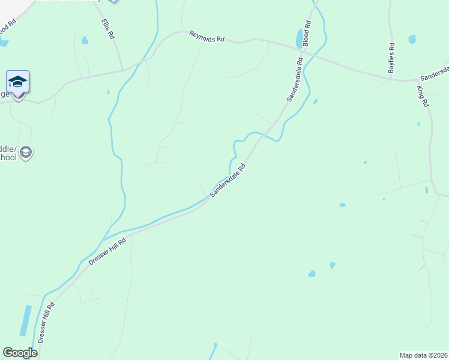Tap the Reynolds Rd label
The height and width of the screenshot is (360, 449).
[x=206, y=37]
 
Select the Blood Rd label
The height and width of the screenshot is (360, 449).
[x=307, y=34]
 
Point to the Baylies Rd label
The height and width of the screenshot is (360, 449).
[x=391, y=59]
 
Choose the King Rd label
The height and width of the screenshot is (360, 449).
[x=423, y=96]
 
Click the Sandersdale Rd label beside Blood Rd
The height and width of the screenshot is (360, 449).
[x=294, y=79]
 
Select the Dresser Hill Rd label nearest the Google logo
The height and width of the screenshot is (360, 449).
[x=46, y=322]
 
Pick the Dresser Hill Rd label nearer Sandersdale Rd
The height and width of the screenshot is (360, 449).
[x=107, y=251]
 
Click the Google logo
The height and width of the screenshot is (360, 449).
[x=20, y=353]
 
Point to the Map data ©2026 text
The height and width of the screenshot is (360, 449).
[x=424, y=355]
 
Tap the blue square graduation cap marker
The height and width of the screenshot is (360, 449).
[x=18, y=81]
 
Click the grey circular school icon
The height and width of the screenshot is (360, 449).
[x=25, y=153]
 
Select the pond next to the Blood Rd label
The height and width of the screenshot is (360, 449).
[x=299, y=39]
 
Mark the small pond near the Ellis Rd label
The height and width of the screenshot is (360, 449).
[x=85, y=41]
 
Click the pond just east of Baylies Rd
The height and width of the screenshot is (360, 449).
[x=412, y=40]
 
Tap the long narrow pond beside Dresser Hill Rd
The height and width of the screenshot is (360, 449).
[x=26, y=320]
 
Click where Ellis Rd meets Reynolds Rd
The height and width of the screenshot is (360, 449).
[x=123, y=70]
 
